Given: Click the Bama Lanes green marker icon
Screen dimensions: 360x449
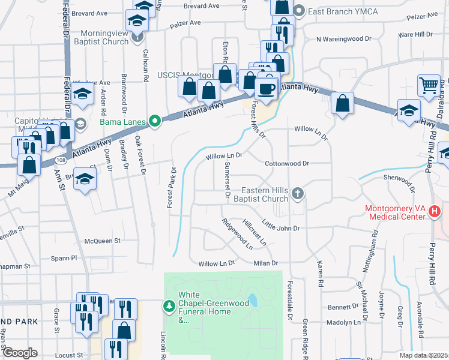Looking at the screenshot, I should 156,122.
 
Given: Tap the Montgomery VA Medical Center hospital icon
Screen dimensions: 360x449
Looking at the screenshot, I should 436,211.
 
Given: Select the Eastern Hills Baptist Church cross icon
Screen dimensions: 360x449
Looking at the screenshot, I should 298,193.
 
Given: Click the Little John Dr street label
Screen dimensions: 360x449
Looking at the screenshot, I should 280,228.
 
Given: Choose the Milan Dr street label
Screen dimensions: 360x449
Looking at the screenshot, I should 266,263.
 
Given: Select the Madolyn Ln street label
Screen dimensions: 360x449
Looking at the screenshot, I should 344,322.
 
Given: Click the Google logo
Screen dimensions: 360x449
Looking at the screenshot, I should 20,353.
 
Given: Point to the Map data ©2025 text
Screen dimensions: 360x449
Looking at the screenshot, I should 424,355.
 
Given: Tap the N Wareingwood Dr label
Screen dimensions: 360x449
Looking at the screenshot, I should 344,38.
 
